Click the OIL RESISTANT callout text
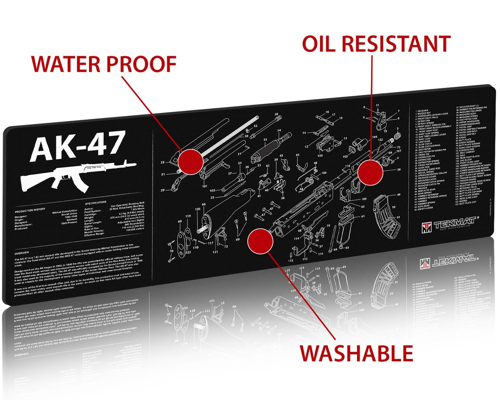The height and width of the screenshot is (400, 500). tap(376, 44)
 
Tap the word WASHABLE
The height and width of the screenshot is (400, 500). tap(356, 353)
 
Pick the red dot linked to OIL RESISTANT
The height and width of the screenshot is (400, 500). tap(370, 172)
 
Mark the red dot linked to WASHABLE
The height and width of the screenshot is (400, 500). tap(260, 241)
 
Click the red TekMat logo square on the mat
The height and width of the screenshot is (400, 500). tap(427, 227)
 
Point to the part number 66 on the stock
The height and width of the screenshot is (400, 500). tap(204, 204)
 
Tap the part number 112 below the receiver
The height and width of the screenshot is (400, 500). tap(305, 259)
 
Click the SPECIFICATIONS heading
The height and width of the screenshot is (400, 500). tap(95, 202)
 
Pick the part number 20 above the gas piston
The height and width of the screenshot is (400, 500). tap(277, 115)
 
